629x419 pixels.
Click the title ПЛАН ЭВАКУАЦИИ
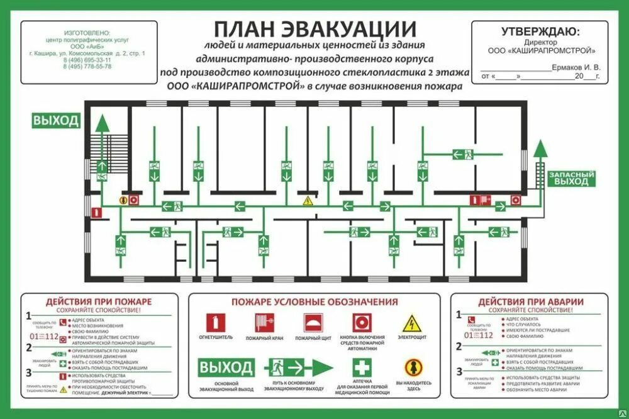click(x=314, y=30)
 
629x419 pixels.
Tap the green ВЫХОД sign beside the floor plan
click(x=57, y=121)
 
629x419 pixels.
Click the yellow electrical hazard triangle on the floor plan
click(x=308, y=201)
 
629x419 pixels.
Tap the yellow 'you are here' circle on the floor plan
click(x=123, y=201)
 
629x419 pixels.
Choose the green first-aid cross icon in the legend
click(x=362, y=367)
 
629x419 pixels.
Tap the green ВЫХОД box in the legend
click(x=226, y=367)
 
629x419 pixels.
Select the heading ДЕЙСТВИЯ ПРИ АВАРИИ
click(x=530, y=302)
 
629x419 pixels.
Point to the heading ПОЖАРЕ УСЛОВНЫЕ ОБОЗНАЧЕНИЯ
click(x=314, y=302)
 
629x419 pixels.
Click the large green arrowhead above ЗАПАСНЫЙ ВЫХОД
click(x=540, y=148)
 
